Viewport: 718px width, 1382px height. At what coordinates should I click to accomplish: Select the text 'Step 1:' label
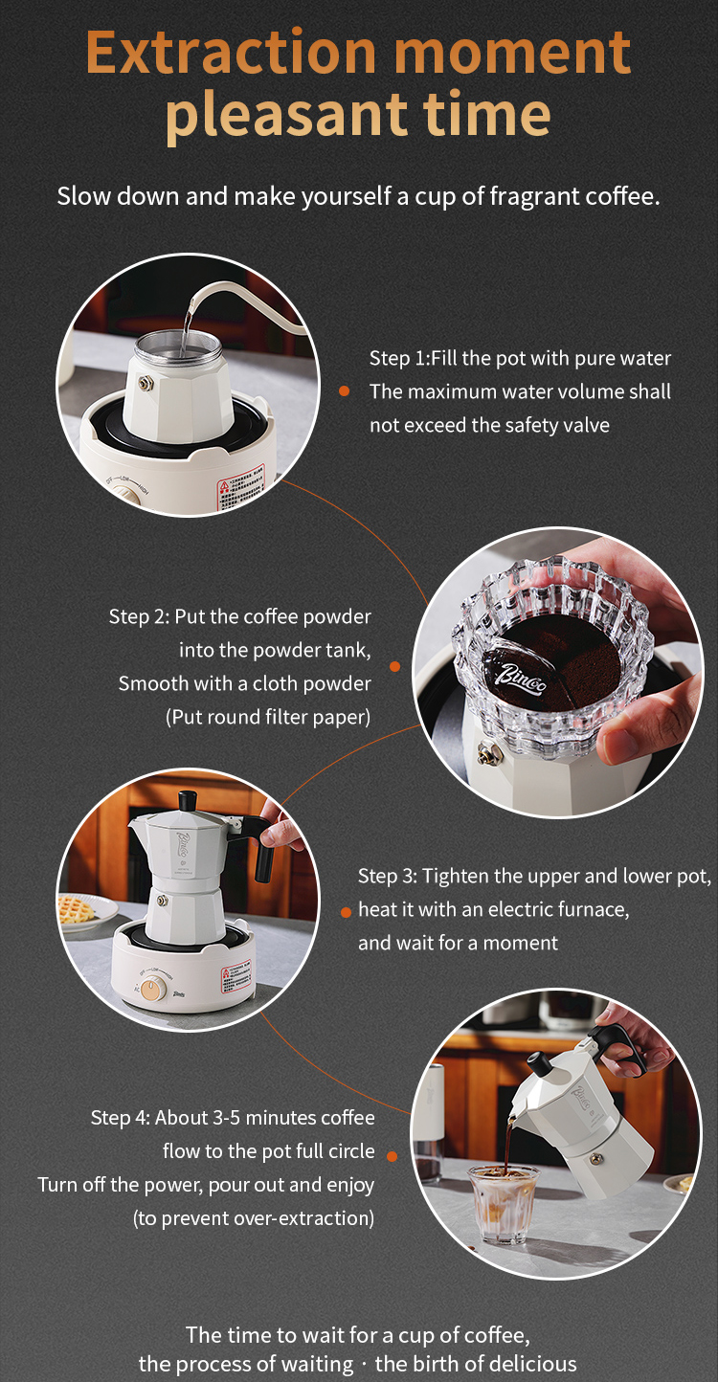pyautogui.click(x=399, y=358)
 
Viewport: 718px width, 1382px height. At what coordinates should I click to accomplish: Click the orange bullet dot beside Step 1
pyautogui.click(x=345, y=390)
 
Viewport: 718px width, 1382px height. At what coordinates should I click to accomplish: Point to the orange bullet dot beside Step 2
pyautogui.click(x=395, y=666)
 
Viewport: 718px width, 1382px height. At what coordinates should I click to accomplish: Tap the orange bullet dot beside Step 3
pyautogui.click(x=346, y=912)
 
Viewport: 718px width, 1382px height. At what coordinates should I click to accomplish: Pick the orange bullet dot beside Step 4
pyautogui.click(x=393, y=1155)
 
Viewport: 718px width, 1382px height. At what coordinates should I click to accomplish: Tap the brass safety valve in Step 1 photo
pyautogui.click(x=146, y=383)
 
